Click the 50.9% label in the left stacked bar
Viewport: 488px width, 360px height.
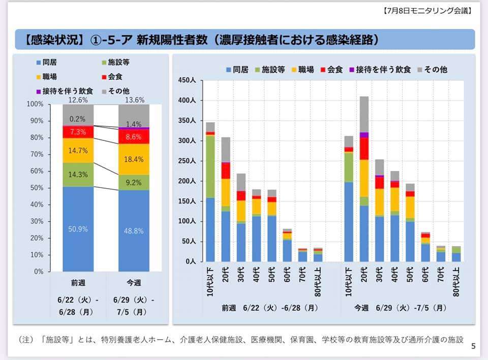[78, 229]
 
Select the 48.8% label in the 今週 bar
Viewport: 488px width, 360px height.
[134, 230]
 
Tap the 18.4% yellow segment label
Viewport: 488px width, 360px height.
[134, 160]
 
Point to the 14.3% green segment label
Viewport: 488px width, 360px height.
[78, 174]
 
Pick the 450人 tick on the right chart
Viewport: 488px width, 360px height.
[187, 81]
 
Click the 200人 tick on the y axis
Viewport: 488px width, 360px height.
[187, 181]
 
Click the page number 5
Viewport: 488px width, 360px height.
[473, 347]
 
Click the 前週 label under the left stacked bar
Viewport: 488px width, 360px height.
[78, 283]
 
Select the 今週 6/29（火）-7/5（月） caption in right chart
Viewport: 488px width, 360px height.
[402, 308]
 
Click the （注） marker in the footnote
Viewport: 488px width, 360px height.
[28, 339]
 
